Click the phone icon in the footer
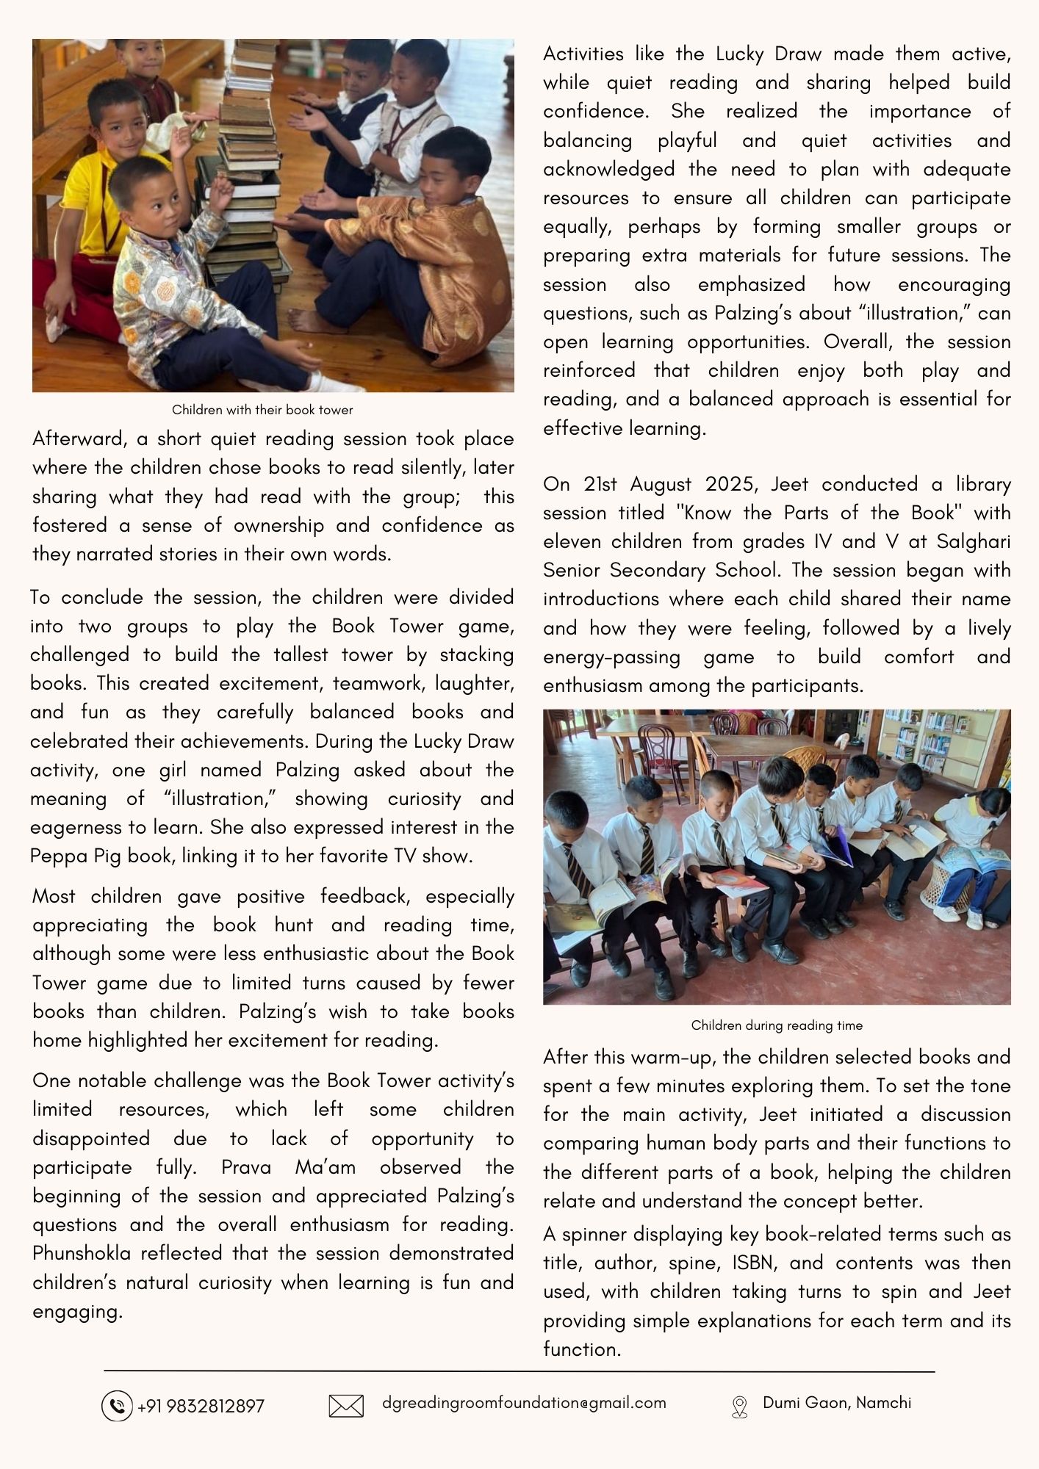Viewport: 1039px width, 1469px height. (x=116, y=1406)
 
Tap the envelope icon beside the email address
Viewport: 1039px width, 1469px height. (x=346, y=1406)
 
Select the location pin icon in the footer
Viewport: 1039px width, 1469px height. (x=739, y=1407)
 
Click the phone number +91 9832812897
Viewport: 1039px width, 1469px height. (x=201, y=1406)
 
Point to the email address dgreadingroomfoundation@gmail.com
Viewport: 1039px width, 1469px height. (x=524, y=1403)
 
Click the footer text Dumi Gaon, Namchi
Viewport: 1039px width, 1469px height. (x=837, y=1403)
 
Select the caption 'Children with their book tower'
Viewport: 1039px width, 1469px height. (x=262, y=410)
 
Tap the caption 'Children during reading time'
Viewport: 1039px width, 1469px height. (x=777, y=1025)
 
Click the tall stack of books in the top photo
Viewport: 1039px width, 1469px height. (x=246, y=162)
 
